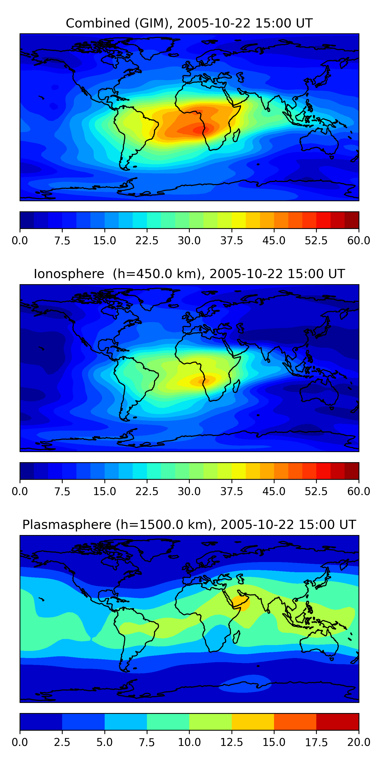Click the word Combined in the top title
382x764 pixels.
pos(98,23)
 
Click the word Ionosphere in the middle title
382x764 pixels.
pos(69,274)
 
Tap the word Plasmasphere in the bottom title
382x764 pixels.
pos(67,525)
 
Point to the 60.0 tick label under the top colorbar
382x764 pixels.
pos(359,240)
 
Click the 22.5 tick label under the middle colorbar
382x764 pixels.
pos(147,492)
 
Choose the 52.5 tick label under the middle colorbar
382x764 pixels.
pos(316,492)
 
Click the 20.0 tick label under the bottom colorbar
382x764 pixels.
pos(359,742)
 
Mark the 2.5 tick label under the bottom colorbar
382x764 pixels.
pos(62,742)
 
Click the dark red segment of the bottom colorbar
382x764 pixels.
pos(337,721)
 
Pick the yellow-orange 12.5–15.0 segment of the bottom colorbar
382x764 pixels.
pos(253,721)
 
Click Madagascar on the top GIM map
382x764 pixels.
pos(236,135)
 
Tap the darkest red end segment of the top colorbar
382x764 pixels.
pos(352,220)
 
